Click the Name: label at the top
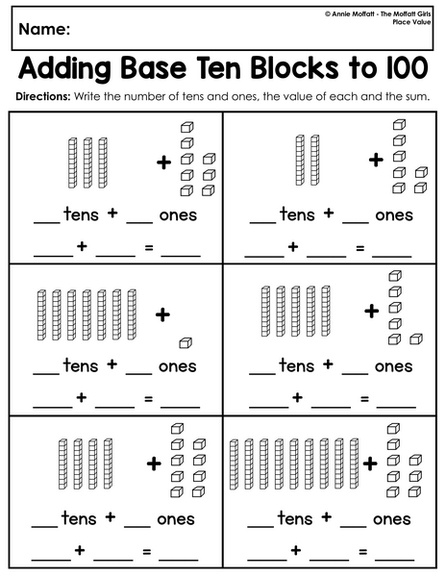pos(44,29)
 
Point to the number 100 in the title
pos(408,68)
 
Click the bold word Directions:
pos(42,97)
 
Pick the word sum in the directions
pos(418,97)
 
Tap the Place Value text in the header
pos(411,22)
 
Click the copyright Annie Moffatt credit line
pos(378,14)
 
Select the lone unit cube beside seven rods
pos(186,343)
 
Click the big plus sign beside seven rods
pos(162,314)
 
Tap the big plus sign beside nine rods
pos(370,464)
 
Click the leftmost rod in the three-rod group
pos(73,163)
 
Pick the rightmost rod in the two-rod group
pos(314,160)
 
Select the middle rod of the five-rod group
pos(296,311)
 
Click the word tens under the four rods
pos(79,517)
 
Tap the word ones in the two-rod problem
pos(394,215)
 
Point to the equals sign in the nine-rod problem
pos(363,552)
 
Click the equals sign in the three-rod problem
pos(149,248)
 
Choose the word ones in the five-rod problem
pos(393,366)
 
